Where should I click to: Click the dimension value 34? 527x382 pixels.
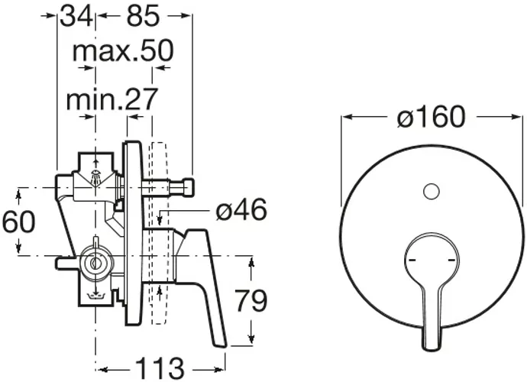pos(76,17)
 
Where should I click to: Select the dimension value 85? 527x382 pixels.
pos(143,17)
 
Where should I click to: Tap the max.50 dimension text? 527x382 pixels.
pos(123,51)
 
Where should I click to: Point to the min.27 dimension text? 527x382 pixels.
pos(112,99)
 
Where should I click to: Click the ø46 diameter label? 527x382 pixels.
pos(241,210)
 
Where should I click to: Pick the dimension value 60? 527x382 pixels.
pos(18,222)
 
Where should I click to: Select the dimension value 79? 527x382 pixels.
pos(251,301)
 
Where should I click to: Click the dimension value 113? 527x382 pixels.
pos(160,368)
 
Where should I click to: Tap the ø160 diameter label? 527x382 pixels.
pos(432,117)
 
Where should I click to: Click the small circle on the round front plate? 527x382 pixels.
pos(432,192)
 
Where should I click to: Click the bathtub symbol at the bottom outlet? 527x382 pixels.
pos(97,296)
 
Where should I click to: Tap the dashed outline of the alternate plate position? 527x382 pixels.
pos(158,233)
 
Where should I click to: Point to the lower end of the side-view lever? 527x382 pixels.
pos(220,341)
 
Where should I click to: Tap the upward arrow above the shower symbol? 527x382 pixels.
pos(96,163)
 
